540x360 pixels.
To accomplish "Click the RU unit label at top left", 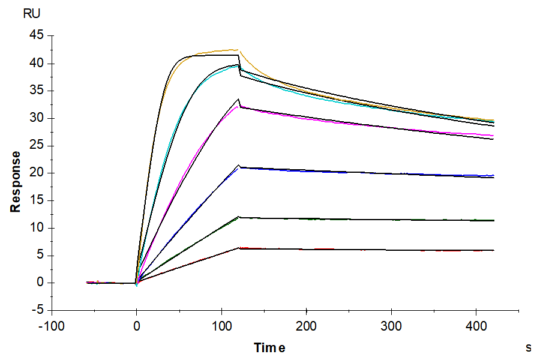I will point(32,13).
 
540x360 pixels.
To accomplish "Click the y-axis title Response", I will point(16,181).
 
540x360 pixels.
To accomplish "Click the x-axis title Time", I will point(269,347).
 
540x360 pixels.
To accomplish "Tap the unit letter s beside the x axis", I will point(529,347).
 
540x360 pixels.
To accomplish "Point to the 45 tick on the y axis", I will point(37,36).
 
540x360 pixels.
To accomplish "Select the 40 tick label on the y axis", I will point(37,64).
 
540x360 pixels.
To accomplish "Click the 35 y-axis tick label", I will point(37,91).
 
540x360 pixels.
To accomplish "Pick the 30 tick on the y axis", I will point(37,118).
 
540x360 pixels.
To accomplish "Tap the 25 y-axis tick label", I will point(37,146).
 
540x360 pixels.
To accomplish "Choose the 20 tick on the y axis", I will point(37,173).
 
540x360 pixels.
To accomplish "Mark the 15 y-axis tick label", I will point(37,200).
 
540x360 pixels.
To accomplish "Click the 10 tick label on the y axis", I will point(37,228).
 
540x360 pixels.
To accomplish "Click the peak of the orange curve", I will point(237,49).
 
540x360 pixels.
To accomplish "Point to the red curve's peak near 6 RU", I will point(239,247).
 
